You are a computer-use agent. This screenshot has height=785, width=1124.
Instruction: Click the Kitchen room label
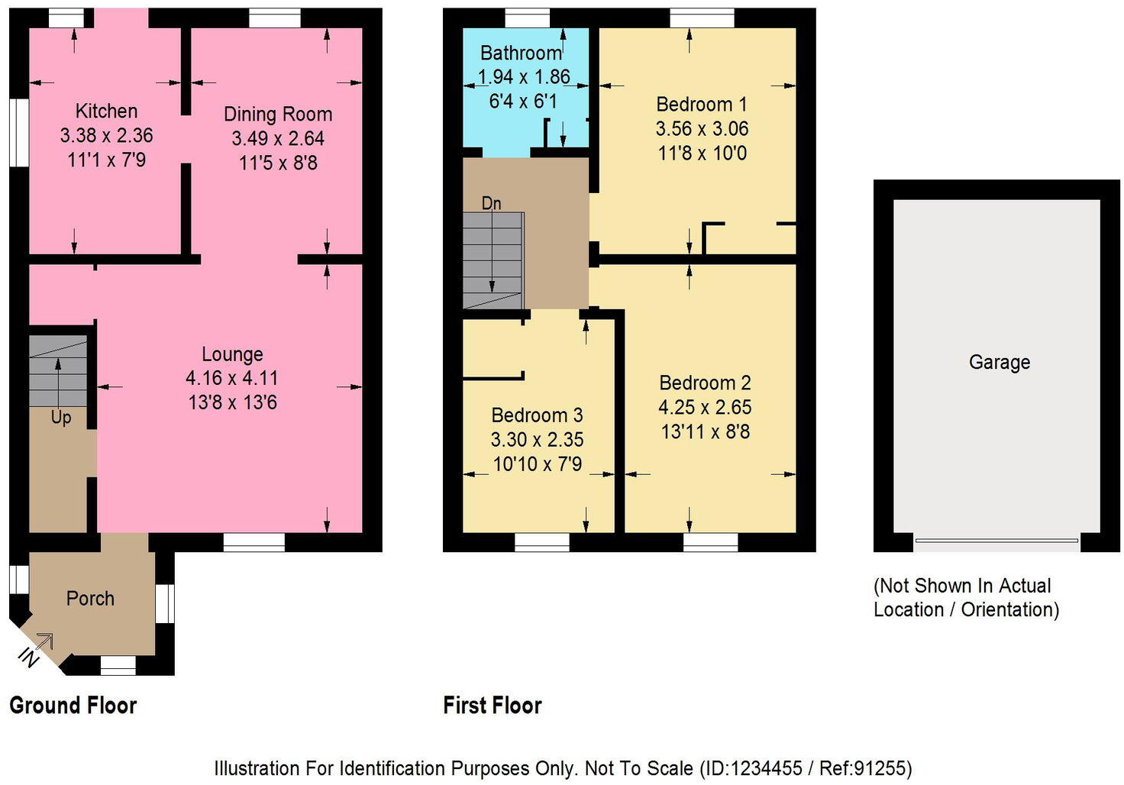(106, 111)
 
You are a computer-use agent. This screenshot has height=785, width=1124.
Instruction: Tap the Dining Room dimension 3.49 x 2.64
(278, 138)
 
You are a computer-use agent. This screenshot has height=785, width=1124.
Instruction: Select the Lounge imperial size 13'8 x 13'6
(232, 402)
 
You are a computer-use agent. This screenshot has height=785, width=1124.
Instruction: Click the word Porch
(90, 598)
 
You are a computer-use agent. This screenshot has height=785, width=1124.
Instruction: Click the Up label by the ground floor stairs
(61, 418)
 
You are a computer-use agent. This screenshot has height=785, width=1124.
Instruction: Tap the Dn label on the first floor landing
(491, 203)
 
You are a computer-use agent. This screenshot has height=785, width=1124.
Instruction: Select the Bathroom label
(521, 53)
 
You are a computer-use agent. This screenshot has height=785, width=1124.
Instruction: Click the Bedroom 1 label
(701, 104)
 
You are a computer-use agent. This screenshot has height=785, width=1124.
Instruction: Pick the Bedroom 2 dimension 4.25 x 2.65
(705, 407)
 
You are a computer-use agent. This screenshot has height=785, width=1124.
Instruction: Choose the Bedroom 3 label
(537, 415)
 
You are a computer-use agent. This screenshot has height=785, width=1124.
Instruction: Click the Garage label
(999, 362)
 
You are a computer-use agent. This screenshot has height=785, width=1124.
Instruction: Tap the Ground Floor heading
(73, 705)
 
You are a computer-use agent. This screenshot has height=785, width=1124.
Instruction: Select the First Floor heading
(493, 705)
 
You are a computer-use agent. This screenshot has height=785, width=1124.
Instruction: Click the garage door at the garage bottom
(996, 541)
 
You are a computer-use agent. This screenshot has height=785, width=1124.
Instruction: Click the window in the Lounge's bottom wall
(254, 541)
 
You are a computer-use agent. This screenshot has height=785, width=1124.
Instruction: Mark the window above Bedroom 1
(702, 18)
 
